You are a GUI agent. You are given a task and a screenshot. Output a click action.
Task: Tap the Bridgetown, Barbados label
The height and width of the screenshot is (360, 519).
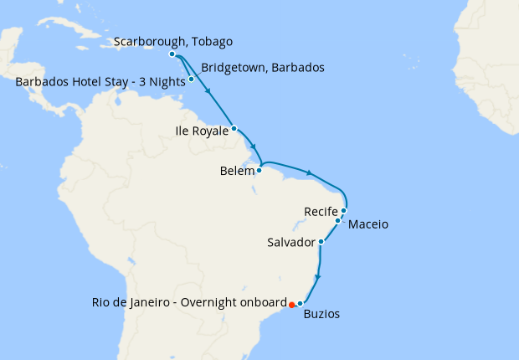[x=263, y=67]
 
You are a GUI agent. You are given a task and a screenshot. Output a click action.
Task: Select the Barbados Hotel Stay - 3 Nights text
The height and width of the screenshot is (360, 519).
[x=100, y=82]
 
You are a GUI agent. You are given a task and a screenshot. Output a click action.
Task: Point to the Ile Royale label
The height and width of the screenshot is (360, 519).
[x=201, y=131]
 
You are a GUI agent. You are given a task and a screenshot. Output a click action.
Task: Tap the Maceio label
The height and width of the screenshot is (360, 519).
[x=367, y=224]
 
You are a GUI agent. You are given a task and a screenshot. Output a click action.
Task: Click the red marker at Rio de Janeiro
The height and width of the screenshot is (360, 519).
[x=291, y=305]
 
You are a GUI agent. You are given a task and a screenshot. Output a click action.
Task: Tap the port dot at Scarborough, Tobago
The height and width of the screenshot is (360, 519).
[x=172, y=54]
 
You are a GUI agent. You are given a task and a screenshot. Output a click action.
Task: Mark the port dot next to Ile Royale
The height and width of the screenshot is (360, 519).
[x=234, y=128]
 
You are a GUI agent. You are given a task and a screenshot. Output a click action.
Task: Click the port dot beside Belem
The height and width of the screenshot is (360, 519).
[x=259, y=170]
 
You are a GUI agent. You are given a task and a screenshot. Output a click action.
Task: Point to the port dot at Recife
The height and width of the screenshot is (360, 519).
[x=344, y=210]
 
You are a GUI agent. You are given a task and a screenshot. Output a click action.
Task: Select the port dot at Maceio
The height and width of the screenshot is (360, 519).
[x=338, y=221]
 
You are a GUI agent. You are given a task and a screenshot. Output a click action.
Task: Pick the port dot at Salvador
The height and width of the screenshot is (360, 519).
[x=321, y=242]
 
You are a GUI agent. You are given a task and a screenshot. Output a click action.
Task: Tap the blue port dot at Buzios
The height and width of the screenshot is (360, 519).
[x=300, y=302]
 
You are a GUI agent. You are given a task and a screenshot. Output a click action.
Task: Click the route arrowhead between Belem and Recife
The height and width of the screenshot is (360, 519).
[x=310, y=173]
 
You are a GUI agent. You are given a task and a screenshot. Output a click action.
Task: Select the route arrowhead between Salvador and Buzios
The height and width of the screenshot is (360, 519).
[x=318, y=275]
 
